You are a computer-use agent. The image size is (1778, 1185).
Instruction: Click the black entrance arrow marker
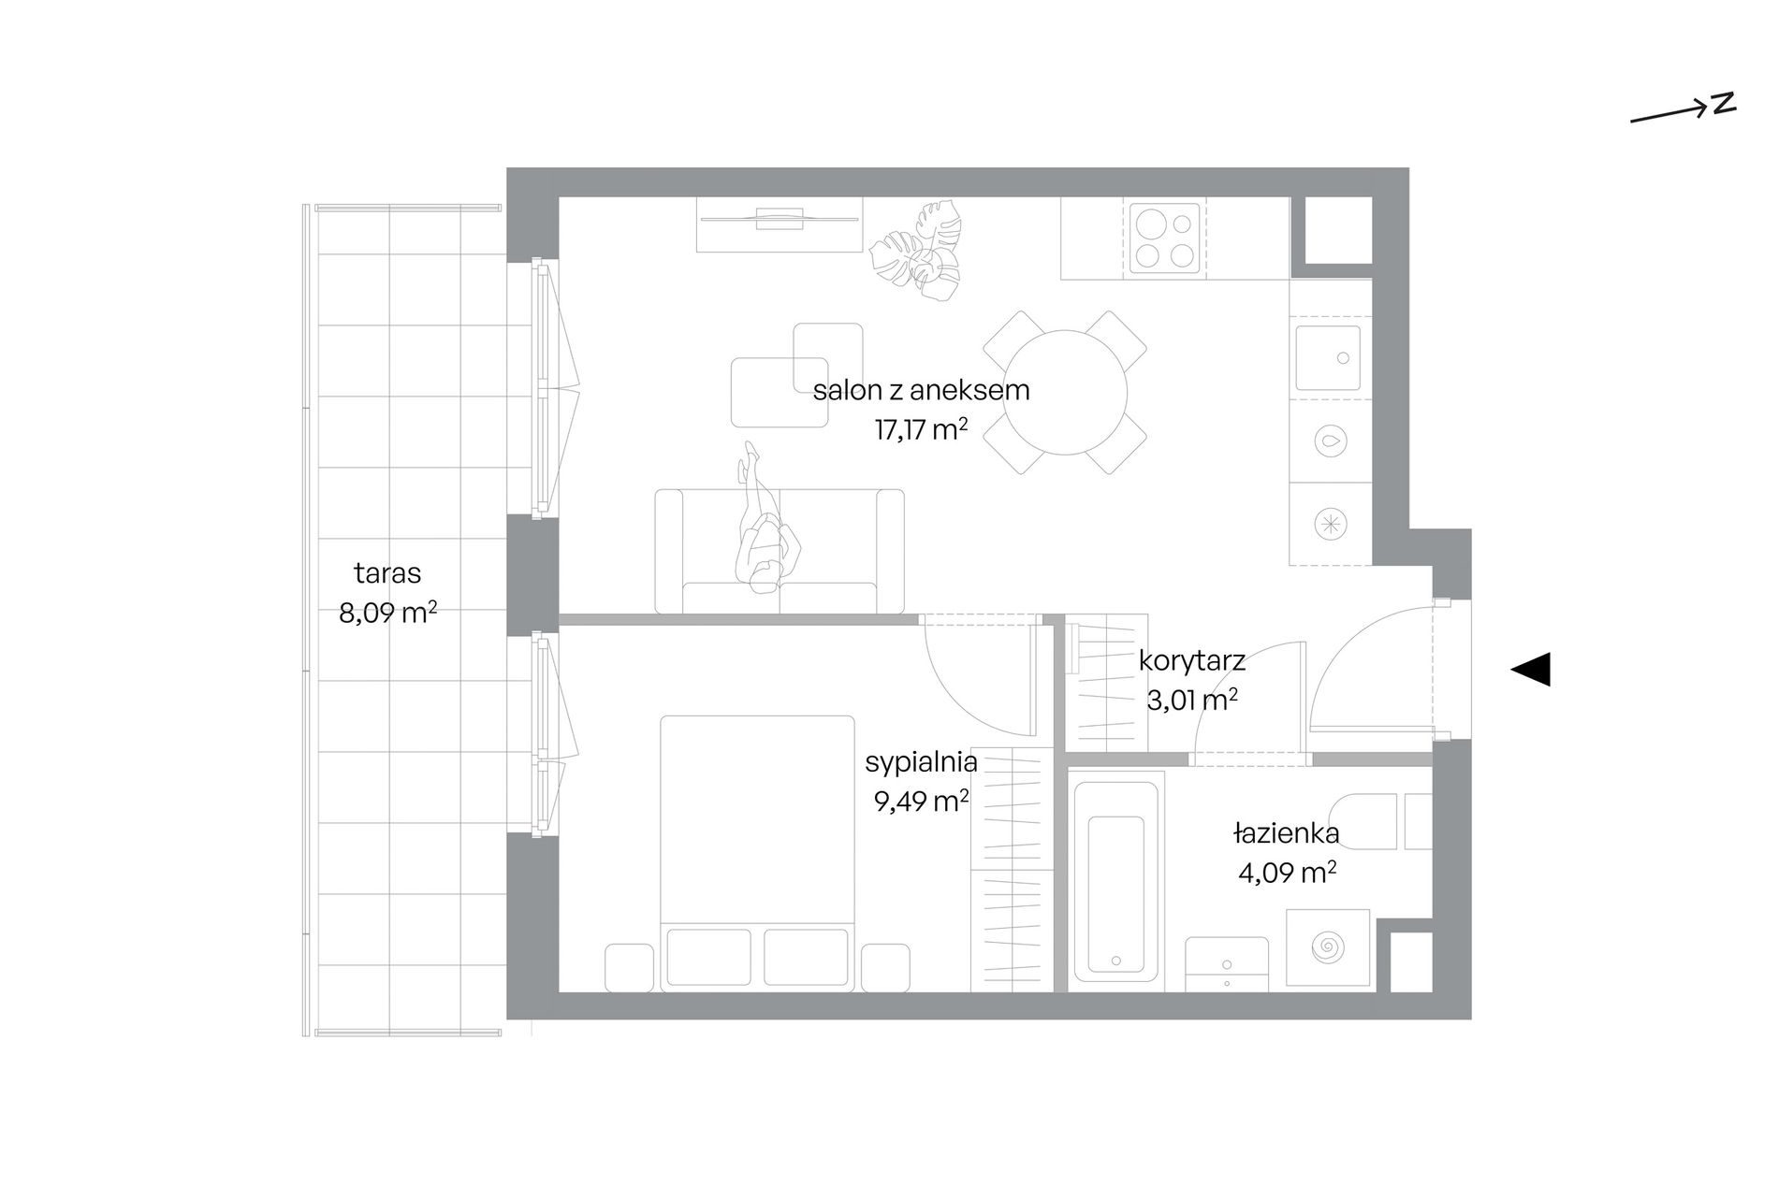click(1532, 669)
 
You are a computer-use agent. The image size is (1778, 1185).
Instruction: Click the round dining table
click(1066, 392)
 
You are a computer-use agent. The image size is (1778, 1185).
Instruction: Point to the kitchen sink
click(1328, 357)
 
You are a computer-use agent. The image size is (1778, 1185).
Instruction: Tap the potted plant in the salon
click(917, 253)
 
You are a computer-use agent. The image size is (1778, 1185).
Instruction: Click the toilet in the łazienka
click(1380, 821)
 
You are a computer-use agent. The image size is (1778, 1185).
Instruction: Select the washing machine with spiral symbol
click(1328, 947)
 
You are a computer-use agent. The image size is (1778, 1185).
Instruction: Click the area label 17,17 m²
click(921, 430)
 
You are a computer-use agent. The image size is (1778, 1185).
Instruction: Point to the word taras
click(387, 572)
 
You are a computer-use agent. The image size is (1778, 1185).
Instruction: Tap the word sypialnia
click(921, 763)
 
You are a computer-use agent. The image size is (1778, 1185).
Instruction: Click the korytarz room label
click(1192, 662)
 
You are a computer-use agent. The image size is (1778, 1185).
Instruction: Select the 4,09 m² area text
click(1287, 873)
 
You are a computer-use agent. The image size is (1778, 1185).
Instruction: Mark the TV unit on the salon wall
click(779, 224)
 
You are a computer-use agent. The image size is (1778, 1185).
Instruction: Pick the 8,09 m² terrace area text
click(387, 614)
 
